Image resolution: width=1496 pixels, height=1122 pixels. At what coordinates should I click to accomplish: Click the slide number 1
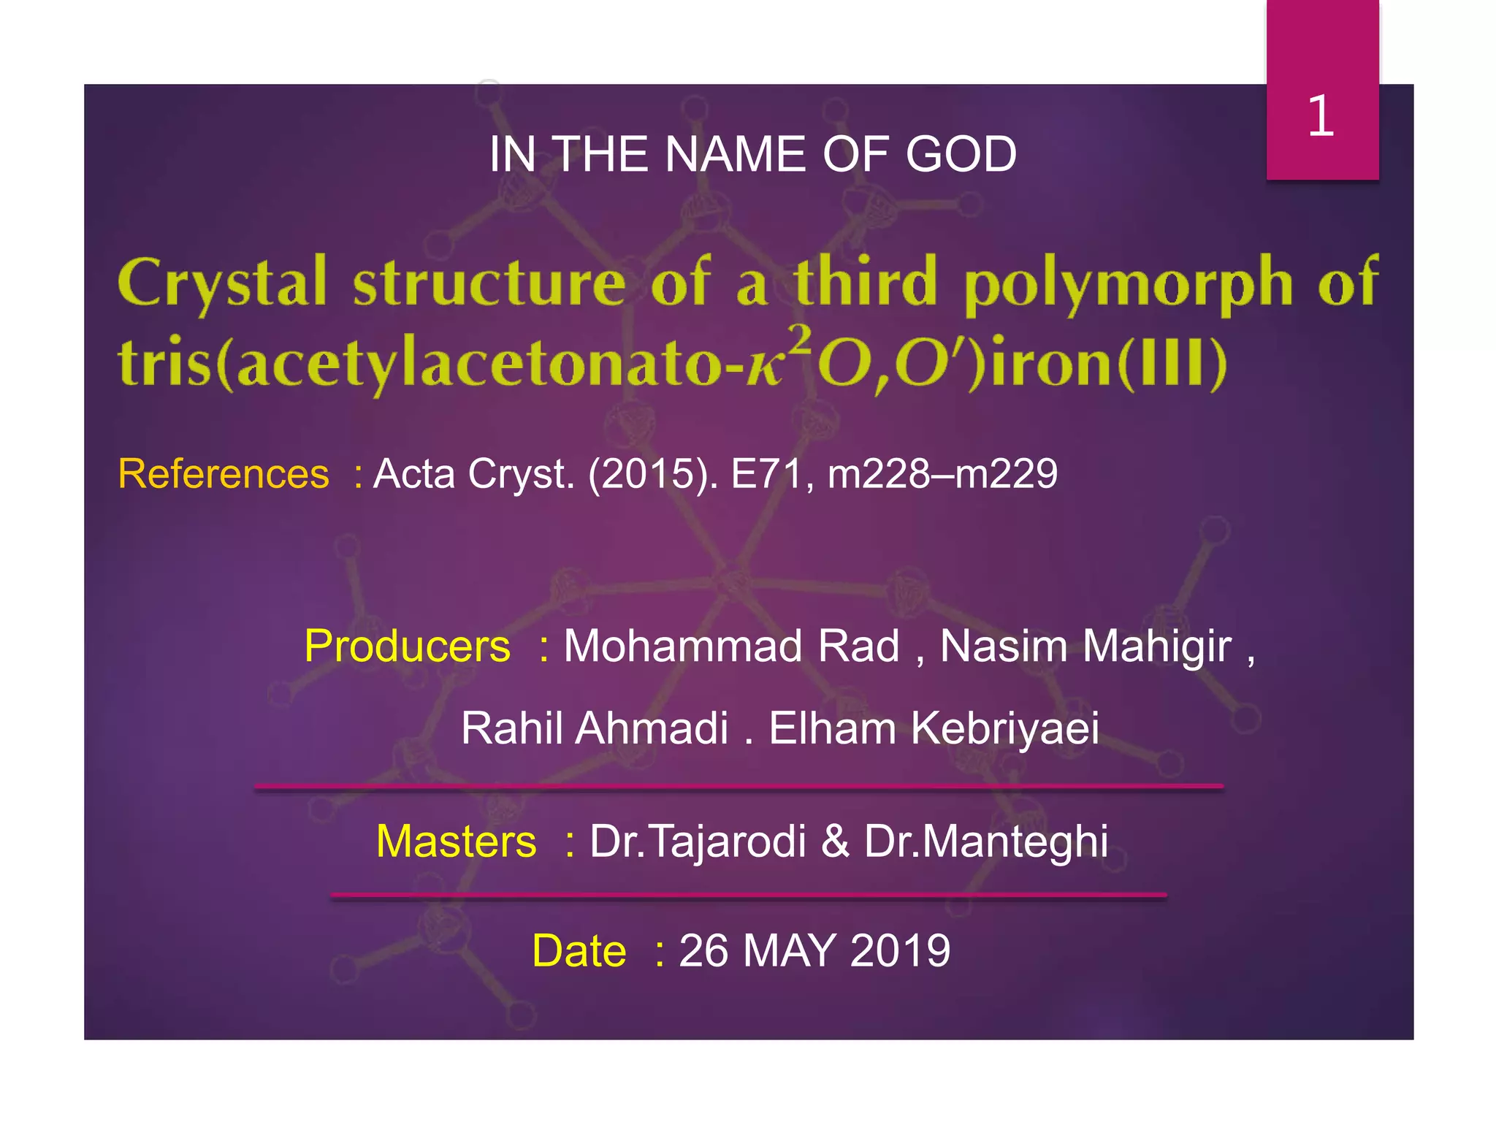coord(1321,116)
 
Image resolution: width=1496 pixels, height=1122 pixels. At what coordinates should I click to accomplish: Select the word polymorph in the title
coord(1129,285)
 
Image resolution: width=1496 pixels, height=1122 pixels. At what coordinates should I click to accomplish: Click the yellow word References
coord(224,474)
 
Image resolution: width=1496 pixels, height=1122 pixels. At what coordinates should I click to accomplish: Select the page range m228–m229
coord(942,474)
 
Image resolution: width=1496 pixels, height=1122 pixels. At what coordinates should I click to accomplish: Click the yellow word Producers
coord(408,646)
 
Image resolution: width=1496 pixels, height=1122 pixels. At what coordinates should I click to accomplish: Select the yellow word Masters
coord(457,841)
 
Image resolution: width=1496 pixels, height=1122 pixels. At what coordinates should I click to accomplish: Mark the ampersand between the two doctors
coord(836,841)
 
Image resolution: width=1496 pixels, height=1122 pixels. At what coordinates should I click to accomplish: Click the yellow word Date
coord(579,951)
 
